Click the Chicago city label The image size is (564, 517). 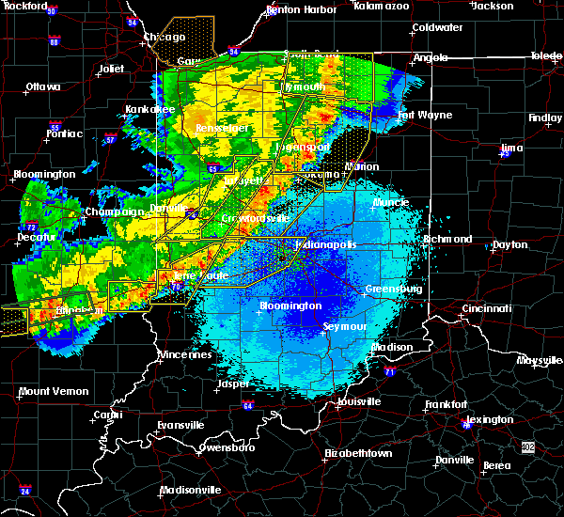tap(164, 38)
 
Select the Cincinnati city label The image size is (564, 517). tap(486, 308)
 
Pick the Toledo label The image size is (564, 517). tap(545, 56)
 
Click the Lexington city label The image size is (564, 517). tap(490, 419)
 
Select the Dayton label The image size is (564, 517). tap(509, 244)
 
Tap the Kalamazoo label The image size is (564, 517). tap(382, 6)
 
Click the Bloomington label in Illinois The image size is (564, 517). tap(44, 175)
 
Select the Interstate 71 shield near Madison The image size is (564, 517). tap(388, 372)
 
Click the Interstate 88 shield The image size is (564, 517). tap(55, 42)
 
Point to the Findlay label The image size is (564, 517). tap(545, 118)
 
